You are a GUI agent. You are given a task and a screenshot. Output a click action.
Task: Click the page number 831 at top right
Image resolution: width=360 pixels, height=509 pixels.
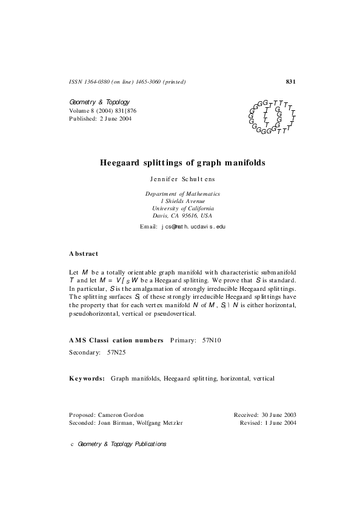290,81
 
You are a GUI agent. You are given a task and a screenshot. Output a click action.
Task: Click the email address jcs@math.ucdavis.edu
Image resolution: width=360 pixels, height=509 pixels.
193,227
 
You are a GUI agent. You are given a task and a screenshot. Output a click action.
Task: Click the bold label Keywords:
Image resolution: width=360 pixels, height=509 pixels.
88,378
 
